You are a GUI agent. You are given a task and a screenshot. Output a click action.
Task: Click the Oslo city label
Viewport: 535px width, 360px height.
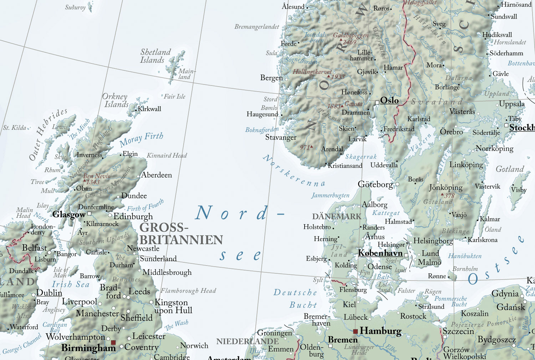389,101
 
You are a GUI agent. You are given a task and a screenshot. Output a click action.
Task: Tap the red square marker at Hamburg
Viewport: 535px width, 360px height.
355,331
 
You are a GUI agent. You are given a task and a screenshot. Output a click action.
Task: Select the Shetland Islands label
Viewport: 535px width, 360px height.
155,56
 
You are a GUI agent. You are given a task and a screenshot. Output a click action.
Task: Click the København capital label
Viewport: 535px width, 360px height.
380,253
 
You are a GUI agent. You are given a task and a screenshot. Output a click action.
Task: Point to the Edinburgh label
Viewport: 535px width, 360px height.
133,216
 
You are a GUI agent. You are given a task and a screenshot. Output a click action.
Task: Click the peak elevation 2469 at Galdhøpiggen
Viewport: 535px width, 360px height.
350,42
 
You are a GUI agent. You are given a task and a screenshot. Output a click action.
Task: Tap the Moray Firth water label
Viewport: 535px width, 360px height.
141,139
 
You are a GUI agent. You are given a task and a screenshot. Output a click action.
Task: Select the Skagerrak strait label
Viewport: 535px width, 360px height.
361,156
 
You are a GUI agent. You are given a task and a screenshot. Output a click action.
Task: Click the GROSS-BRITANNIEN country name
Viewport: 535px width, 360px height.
181,233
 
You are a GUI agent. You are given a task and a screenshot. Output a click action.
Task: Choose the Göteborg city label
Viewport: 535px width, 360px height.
375,184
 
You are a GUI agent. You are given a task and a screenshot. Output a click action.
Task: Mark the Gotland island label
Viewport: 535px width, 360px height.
510,169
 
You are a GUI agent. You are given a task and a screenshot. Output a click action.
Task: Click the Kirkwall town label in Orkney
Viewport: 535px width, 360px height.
149,109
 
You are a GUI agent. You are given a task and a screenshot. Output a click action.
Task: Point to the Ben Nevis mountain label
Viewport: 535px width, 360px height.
96,176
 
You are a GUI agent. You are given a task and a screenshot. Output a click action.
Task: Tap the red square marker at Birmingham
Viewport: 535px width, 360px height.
113,343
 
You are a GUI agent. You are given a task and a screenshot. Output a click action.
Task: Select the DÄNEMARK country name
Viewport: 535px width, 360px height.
336,216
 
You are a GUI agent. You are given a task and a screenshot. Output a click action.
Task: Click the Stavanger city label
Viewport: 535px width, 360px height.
281,138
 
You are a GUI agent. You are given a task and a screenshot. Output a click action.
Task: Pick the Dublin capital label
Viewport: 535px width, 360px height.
49,293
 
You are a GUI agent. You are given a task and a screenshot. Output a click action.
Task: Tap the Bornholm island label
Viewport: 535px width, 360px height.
465,269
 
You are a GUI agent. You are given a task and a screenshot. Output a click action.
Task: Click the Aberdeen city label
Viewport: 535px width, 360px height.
156,175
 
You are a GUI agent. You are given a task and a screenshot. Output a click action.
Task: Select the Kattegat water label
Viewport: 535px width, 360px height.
386,213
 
